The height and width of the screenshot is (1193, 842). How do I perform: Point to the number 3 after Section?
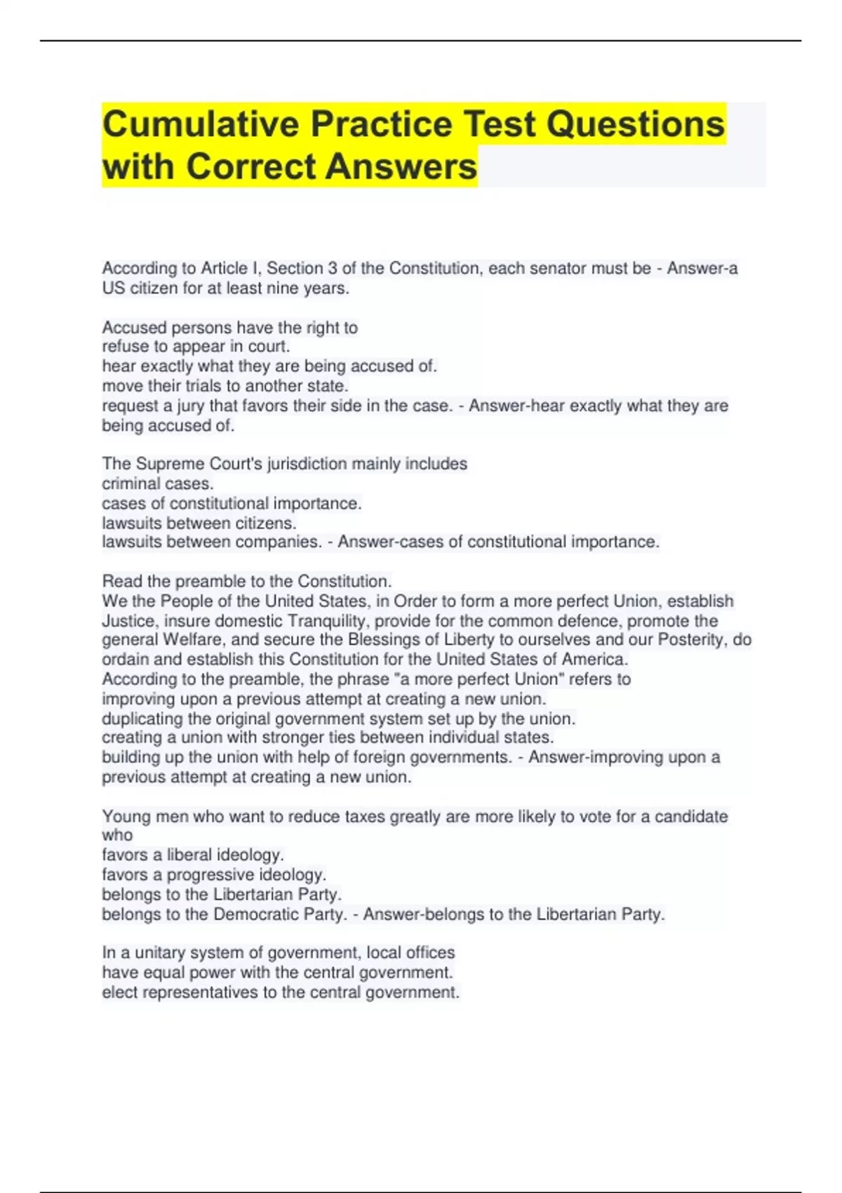pos(333,268)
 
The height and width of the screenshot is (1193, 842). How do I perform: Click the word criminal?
pos(127,484)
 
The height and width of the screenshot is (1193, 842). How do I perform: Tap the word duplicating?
pos(142,719)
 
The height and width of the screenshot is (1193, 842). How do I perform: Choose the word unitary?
pos(161,953)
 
